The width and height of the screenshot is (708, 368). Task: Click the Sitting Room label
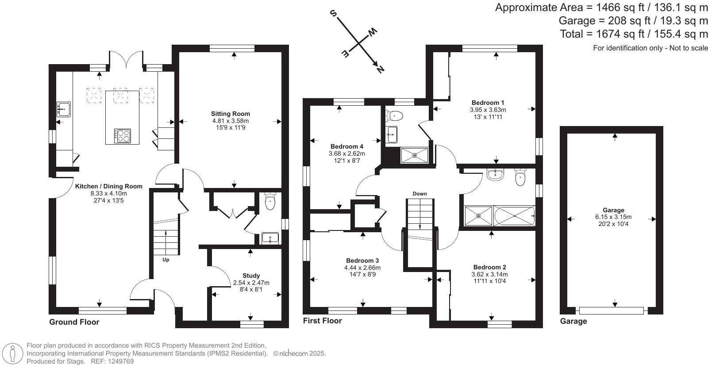[x=231, y=114]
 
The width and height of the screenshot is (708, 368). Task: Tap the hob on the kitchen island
[x=123, y=136]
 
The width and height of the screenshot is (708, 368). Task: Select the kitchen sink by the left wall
[x=64, y=109]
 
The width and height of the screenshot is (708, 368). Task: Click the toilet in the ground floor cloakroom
[x=270, y=201]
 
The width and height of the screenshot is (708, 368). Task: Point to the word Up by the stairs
[x=165, y=260]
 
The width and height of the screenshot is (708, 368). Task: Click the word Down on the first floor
[x=420, y=194]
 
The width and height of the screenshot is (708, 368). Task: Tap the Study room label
[x=251, y=276]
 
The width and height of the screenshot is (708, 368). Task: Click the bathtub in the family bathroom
[x=515, y=216]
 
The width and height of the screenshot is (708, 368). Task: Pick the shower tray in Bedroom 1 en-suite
[x=414, y=155]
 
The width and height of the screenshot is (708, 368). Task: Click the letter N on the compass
[x=380, y=69]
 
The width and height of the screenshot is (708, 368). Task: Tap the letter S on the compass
[x=333, y=13]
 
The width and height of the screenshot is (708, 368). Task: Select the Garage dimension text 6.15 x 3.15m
[x=613, y=217]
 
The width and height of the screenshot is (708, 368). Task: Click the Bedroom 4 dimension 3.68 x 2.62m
[x=347, y=154]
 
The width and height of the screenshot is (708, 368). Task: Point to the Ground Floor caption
[x=74, y=322]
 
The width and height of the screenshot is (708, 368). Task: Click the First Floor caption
[x=323, y=321]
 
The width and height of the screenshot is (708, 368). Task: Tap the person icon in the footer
[x=12, y=353]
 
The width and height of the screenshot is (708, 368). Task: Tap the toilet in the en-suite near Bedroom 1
[x=394, y=115]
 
